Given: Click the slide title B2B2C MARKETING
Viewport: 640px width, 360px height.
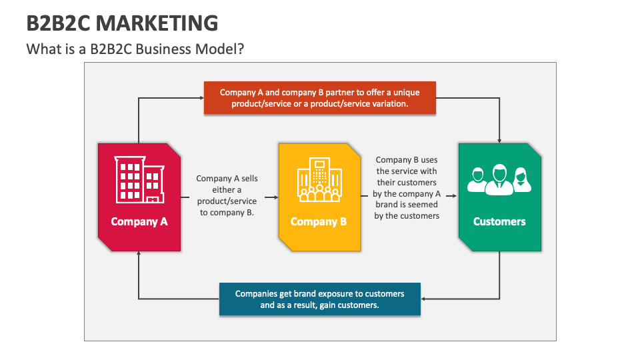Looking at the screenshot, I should [x=122, y=23].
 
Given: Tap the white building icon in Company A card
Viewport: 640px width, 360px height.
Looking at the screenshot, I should [x=139, y=179].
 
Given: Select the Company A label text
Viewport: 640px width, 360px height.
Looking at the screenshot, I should [x=139, y=221].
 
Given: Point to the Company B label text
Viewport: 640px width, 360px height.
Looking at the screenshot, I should [x=319, y=221].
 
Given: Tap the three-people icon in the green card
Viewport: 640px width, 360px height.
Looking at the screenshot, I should [x=499, y=179].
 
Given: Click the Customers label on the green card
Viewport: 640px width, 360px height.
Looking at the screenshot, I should [x=499, y=221].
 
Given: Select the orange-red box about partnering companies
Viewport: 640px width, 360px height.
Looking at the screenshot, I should [x=319, y=98].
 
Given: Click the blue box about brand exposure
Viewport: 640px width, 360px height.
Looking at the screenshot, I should [x=319, y=299].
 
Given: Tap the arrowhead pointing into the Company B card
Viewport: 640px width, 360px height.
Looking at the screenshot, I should [x=275, y=197].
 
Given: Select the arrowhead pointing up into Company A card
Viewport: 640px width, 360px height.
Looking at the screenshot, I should [x=139, y=254].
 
